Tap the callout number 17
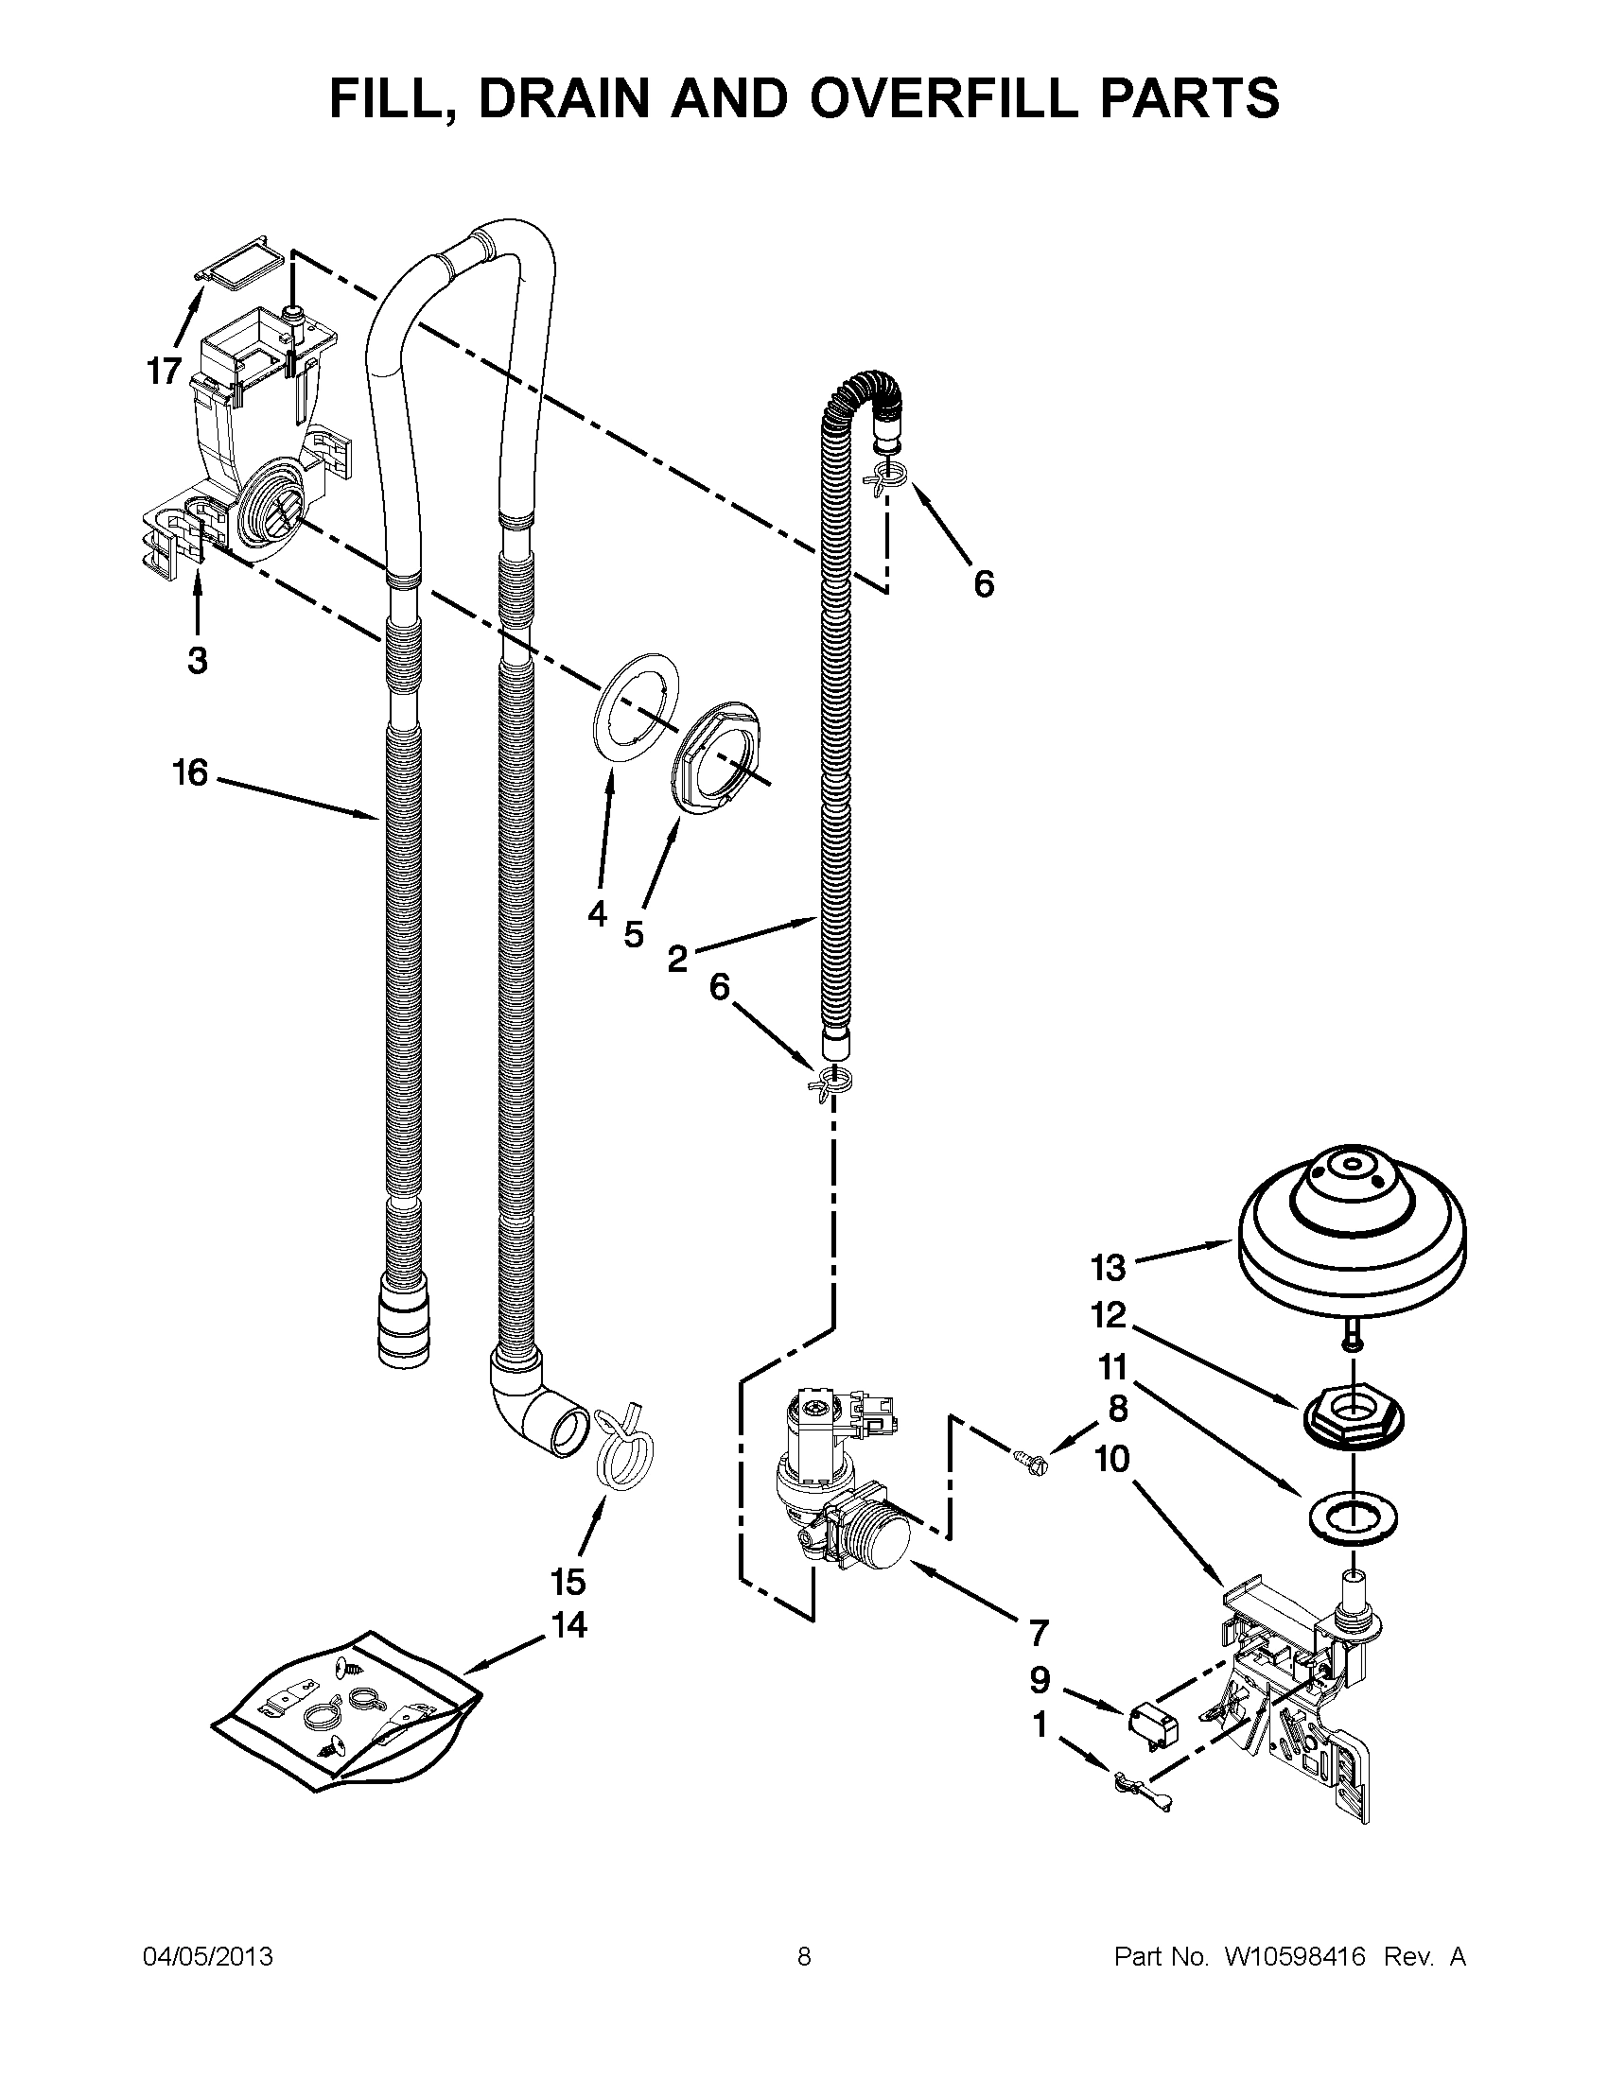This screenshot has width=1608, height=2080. pos(164,371)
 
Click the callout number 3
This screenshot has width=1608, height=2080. pos(197,659)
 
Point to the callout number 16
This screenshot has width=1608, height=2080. pos(190,772)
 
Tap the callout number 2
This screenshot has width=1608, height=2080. pos(676,958)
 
